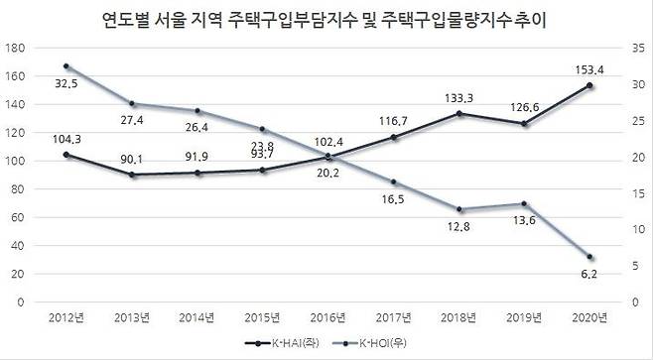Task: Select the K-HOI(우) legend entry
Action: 372,344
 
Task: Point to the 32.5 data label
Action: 66,84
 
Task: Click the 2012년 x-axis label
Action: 65,316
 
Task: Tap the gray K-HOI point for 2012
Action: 65,66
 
